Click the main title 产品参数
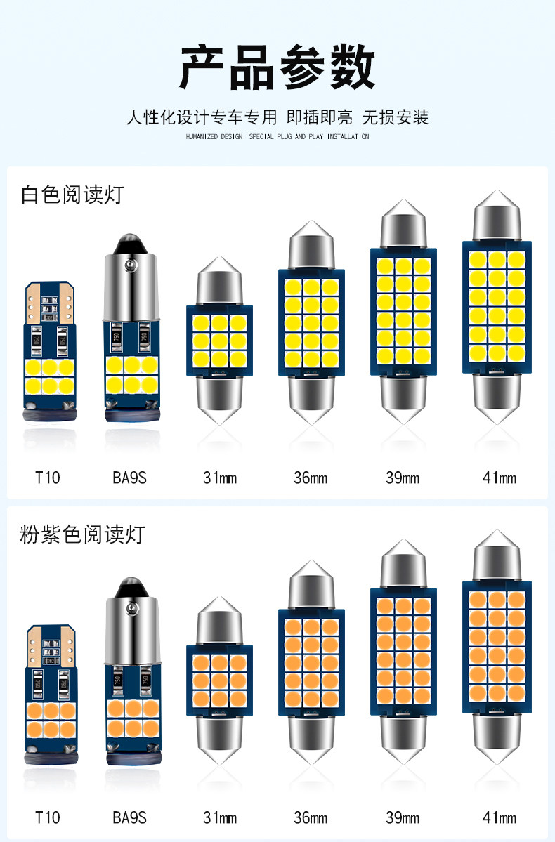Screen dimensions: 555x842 click(x=277, y=69)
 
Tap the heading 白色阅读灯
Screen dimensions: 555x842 click(x=72, y=195)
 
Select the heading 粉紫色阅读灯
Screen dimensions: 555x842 click(x=82, y=534)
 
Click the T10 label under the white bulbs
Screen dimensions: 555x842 click(x=48, y=478)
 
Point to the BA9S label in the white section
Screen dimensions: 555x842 click(x=129, y=478)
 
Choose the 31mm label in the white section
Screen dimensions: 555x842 click(x=220, y=478)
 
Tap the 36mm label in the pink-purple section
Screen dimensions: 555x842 click(x=311, y=817)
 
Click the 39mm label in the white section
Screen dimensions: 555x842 click(x=403, y=478)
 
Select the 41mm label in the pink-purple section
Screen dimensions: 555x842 click(x=499, y=817)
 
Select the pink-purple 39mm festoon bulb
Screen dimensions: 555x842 click(x=404, y=653)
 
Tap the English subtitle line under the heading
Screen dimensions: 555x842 click(x=277, y=136)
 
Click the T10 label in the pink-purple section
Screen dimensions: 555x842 click(x=48, y=817)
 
